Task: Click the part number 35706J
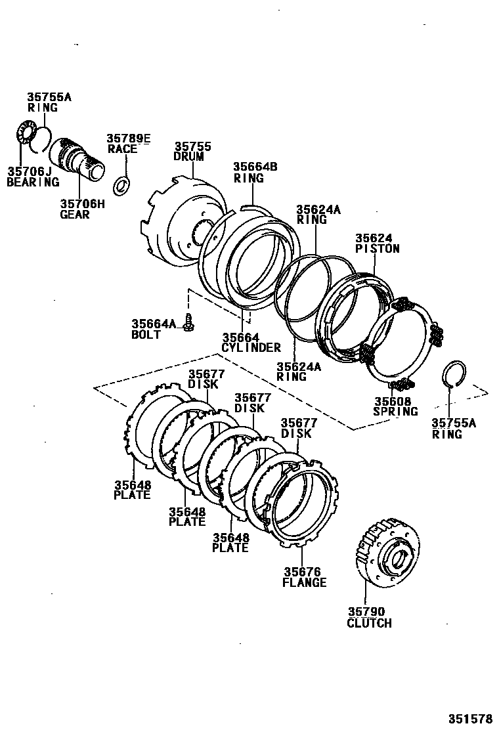tap(28, 172)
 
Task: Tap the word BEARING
tap(32, 182)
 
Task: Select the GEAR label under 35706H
tap(75, 214)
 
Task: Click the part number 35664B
tap(255, 167)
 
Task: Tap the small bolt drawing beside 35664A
tap(190, 322)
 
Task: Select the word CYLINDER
tap(251, 347)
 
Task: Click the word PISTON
tap(378, 249)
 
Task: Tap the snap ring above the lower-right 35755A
tap(453, 374)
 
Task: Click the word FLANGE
tap(304, 582)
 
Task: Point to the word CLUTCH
tap(368, 623)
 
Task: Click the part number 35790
tap(366, 612)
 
